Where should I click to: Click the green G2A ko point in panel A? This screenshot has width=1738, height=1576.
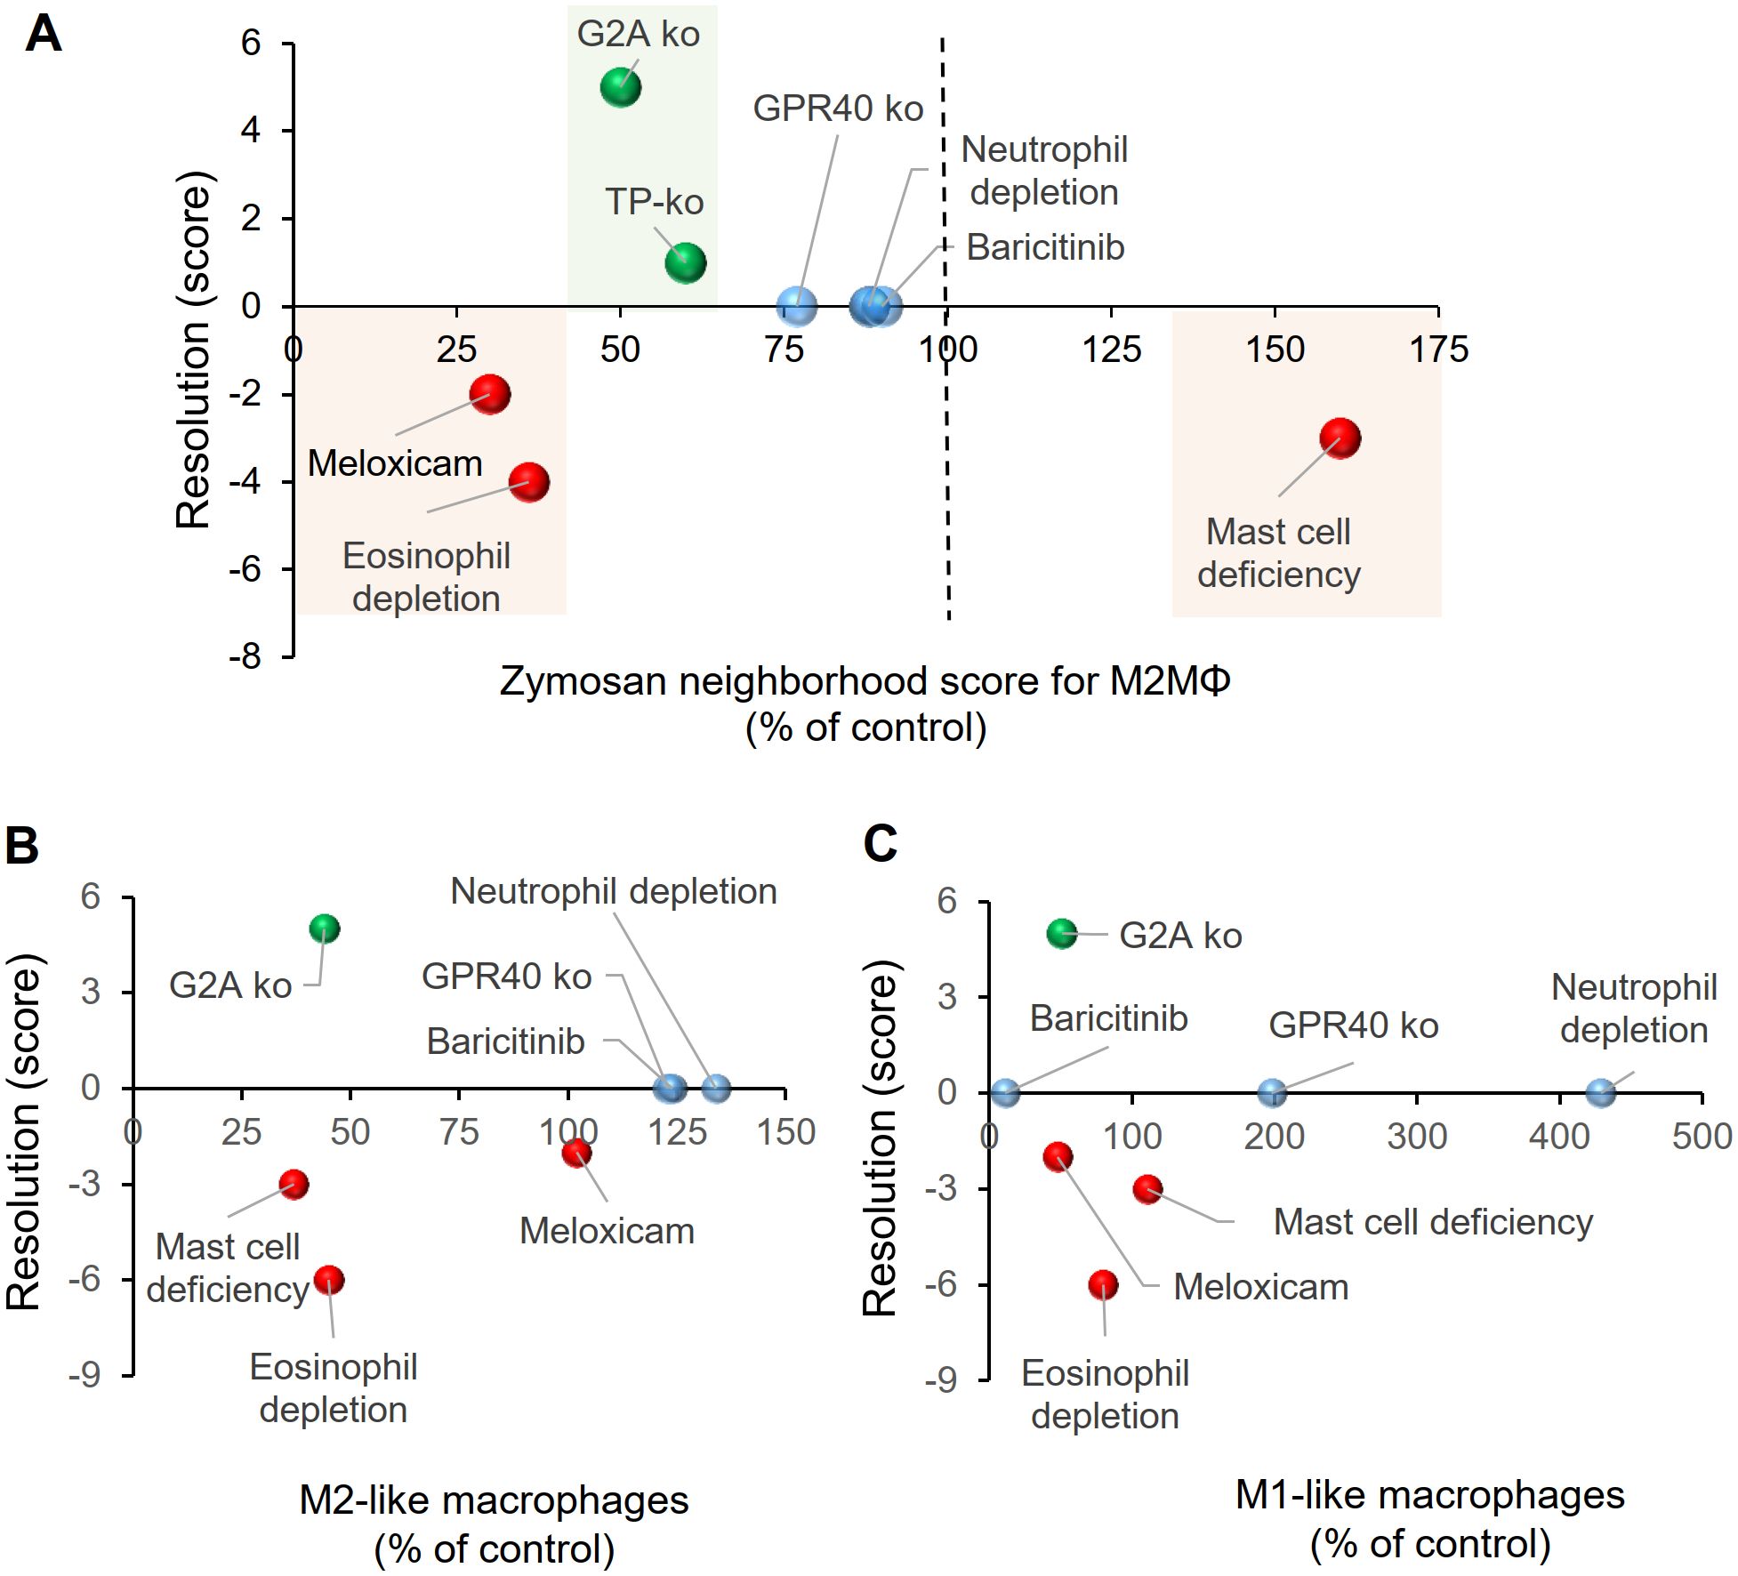(x=620, y=87)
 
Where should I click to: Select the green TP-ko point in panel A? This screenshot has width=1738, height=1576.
(x=685, y=262)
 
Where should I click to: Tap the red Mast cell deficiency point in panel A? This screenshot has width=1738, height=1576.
(x=1340, y=438)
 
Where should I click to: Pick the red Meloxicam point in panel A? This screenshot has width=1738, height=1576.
(x=489, y=393)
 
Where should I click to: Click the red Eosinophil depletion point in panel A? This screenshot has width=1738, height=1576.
(x=529, y=482)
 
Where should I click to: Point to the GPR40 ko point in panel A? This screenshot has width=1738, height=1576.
(x=796, y=306)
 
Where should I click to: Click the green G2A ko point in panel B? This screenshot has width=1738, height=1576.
(x=325, y=929)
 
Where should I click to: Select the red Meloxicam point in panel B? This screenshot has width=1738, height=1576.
(x=576, y=1154)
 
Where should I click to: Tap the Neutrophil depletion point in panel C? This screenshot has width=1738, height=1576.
(x=1600, y=1093)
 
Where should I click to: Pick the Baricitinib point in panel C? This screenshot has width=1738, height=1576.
(x=1005, y=1093)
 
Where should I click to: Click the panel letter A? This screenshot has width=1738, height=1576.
(x=43, y=36)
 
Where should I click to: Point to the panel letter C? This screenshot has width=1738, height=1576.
(x=881, y=843)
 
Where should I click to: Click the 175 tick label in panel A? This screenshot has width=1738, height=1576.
(x=1438, y=350)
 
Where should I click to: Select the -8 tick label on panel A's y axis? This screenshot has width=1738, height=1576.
(x=245, y=657)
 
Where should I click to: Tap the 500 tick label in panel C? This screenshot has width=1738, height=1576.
(x=1701, y=1137)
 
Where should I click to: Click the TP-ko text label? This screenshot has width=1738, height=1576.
(x=654, y=202)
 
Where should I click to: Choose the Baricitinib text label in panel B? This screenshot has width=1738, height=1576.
(x=505, y=1041)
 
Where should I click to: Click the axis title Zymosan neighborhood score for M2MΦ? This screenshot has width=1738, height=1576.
(x=865, y=682)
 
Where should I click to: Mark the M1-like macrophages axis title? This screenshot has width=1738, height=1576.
(x=1429, y=1495)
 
